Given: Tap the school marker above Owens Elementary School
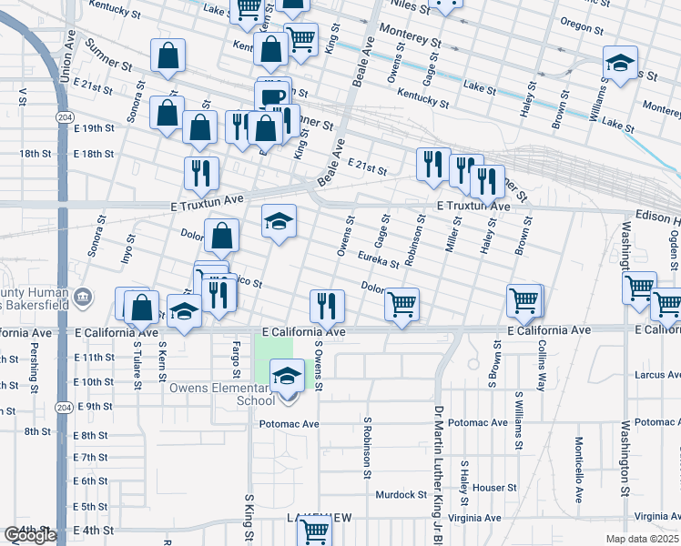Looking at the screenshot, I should coord(288,375).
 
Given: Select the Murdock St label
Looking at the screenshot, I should coord(401,495).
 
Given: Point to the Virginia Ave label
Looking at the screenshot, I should coord(475,518).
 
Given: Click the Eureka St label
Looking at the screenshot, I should coord(378,260).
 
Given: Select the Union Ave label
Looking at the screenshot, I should coord(66,61).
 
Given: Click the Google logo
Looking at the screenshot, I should coord(29,536).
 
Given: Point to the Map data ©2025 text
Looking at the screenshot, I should coord(643,539).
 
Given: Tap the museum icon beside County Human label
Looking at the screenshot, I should coord(82,296).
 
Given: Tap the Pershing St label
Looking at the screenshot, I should coord(33,368).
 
